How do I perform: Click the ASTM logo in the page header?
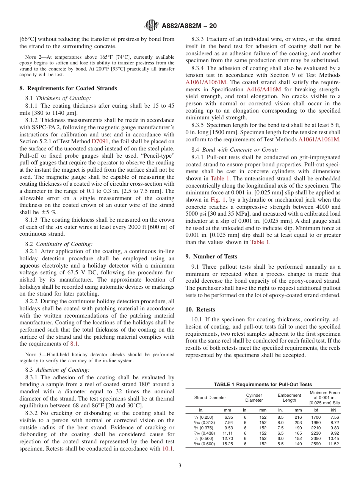tap(152, 26)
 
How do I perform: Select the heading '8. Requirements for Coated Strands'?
tap(68, 88)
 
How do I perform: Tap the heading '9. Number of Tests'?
tap(211, 257)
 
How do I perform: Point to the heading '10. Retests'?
tap(200, 309)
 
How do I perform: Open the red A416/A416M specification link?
tap(264, 89)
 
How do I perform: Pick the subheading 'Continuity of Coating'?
tap(69, 244)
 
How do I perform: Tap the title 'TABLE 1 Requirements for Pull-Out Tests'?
tap(263, 384)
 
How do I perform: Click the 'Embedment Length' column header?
tap(289, 397)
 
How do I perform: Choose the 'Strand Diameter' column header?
tap(210, 397)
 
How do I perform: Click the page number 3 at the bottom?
tap(180, 465)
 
